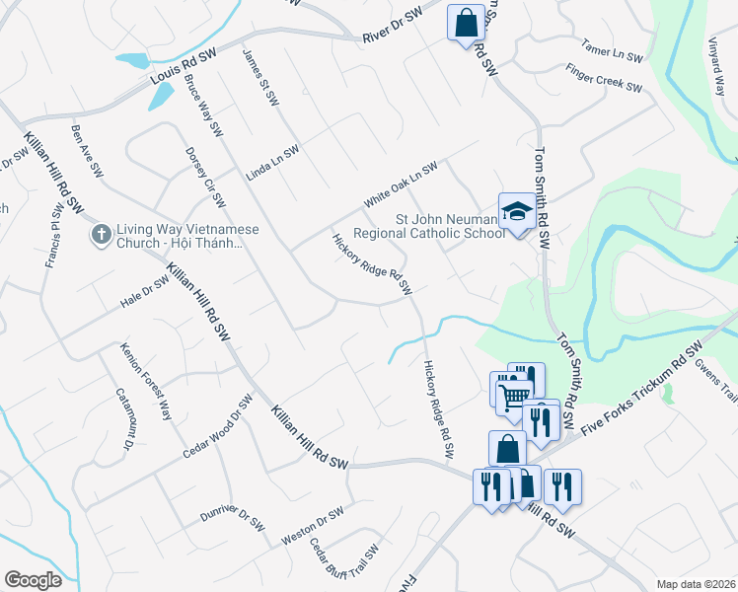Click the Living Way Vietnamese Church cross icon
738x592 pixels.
[100, 234]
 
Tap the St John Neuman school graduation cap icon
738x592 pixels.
[514, 212]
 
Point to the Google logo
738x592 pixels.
[32, 579]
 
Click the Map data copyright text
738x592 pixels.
[696, 584]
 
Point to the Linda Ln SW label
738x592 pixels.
[272, 161]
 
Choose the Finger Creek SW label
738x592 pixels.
[604, 80]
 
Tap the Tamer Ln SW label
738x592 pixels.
[613, 52]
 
